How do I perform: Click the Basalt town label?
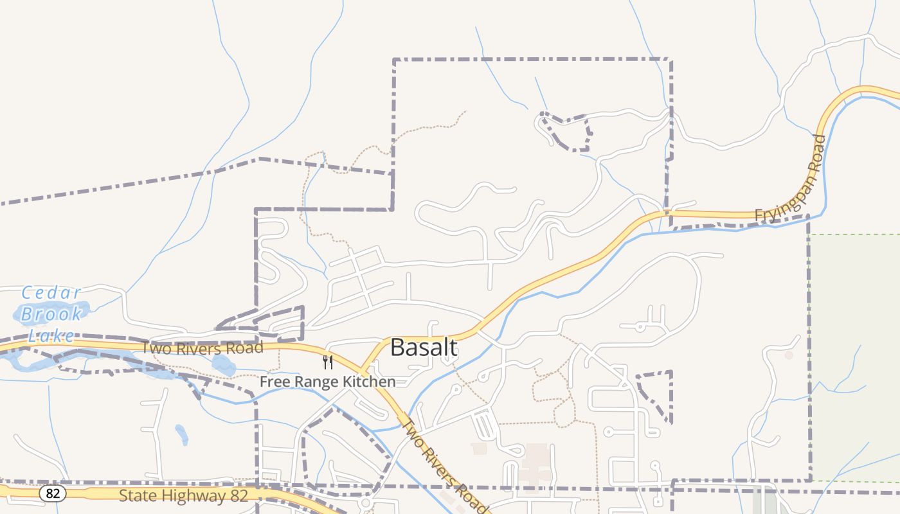pyautogui.click(x=424, y=348)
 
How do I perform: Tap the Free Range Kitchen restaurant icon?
pyautogui.click(x=328, y=362)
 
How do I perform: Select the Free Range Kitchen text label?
pyautogui.click(x=327, y=382)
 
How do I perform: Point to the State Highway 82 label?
pyautogui.click(x=174, y=495)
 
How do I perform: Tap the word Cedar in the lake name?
pyautogui.click(x=51, y=294)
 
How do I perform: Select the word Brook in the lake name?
pyautogui.click(x=51, y=314)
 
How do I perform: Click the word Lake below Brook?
pyautogui.click(x=51, y=335)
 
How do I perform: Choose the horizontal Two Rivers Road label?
pyautogui.click(x=203, y=348)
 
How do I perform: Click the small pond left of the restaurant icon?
pyautogui.click(x=223, y=366)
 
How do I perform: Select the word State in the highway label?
pyautogui.click(x=136, y=495)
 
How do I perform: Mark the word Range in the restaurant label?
pyautogui.click(x=314, y=382)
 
